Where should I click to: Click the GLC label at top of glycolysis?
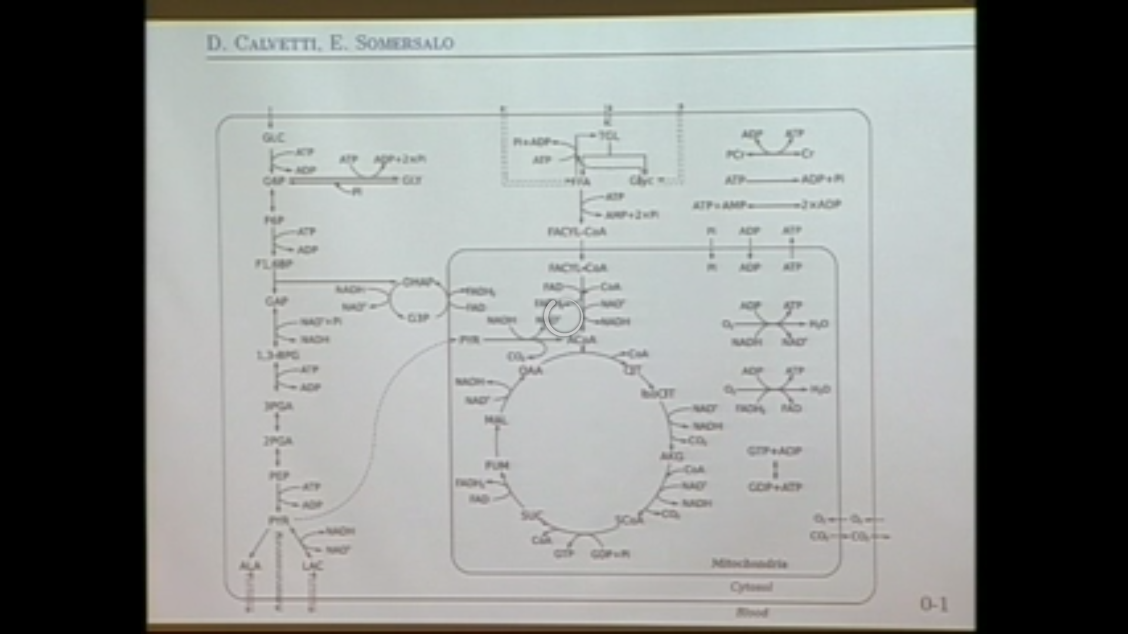(273, 137)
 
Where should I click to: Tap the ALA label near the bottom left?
(250, 566)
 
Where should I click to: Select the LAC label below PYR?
(313, 566)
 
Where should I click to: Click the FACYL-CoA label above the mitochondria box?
(577, 232)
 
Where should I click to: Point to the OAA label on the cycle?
(531, 371)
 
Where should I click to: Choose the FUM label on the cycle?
(497, 466)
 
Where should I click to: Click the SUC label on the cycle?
(531, 516)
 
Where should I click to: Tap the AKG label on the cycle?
(672, 456)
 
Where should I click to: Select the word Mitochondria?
(749, 564)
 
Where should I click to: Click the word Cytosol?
(751, 587)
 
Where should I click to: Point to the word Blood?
(752, 612)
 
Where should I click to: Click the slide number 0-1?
(934, 604)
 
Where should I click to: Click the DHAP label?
(418, 283)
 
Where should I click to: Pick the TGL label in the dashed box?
(609, 136)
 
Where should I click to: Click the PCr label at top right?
(735, 154)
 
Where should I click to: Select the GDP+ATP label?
(775, 487)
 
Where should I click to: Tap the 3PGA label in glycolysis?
(278, 406)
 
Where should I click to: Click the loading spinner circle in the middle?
(563, 318)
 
